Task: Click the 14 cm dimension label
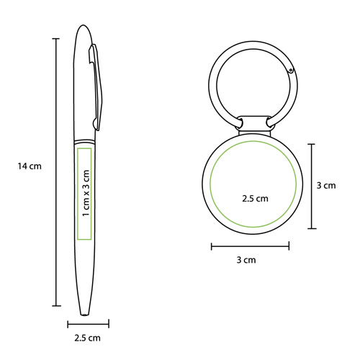click(30, 166)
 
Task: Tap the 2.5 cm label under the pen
click(87, 338)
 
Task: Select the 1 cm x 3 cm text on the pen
click(86, 193)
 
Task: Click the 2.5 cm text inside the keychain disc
click(255, 199)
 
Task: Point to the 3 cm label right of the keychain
click(326, 186)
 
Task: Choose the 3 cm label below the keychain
click(246, 260)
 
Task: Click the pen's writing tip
click(84, 314)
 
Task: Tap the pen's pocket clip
click(96, 87)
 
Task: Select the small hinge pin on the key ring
click(291, 71)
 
